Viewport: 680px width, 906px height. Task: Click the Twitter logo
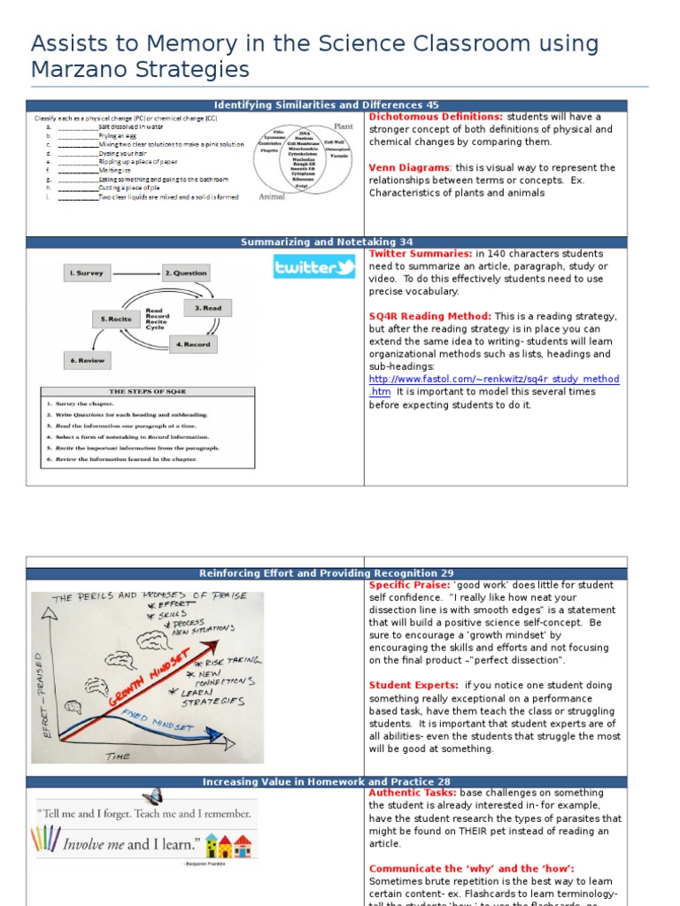[314, 266]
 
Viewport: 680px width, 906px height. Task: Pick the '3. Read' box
[209, 309]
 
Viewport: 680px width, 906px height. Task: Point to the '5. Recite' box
[114, 319]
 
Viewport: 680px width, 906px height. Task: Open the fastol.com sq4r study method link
[494, 380]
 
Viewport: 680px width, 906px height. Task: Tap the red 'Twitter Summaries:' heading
[421, 254]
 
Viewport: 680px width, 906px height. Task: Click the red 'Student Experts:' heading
[413, 685]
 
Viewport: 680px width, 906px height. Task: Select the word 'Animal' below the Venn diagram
[273, 197]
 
